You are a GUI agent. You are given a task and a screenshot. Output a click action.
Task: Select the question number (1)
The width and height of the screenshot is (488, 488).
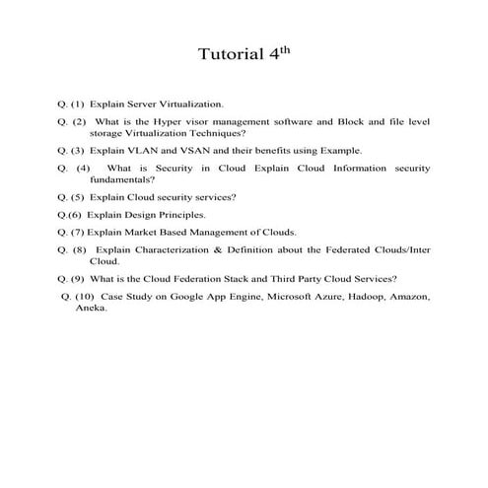[x=77, y=103]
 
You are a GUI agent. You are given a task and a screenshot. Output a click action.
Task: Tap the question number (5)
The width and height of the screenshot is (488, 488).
[x=77, y=197]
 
